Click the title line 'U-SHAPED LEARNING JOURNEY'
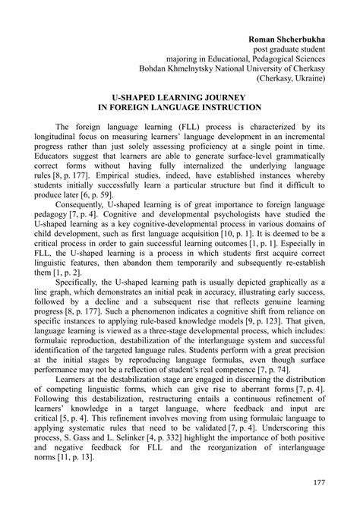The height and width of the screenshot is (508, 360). point(180,97)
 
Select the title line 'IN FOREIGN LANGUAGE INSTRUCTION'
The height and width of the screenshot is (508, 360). point(180,108)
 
